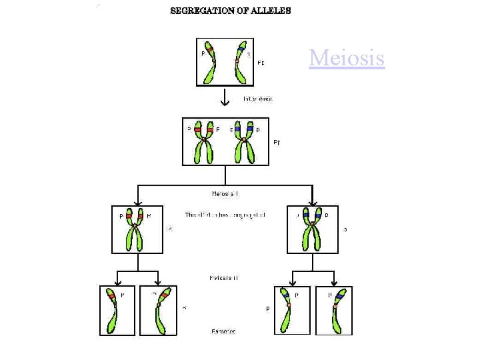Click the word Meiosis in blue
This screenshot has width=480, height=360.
347,59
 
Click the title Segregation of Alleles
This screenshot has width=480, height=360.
231,11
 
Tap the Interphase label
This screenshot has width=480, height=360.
257,99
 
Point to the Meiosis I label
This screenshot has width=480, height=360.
225,194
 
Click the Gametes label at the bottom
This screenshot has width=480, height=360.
224,331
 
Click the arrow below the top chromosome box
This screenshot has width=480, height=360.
225,99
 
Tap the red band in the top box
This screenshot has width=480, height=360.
209,51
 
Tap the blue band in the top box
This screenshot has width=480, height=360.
241,50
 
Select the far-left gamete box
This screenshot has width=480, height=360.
118,310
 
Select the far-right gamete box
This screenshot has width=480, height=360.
335,310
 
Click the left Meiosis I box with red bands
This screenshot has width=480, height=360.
137,229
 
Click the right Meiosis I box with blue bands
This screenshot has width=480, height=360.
313,229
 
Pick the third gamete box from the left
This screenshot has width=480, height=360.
293,310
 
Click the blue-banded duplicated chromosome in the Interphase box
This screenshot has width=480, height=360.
244,141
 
